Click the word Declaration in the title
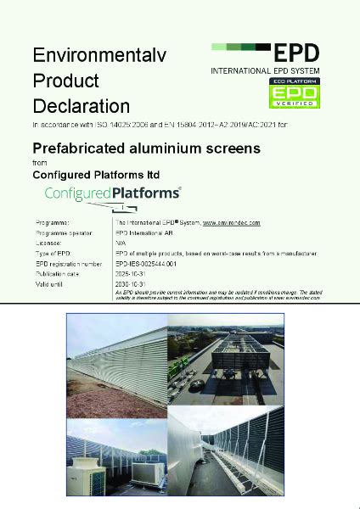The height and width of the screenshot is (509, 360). [x=81, y=107]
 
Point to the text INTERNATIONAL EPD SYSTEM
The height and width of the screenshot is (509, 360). [x=268, y=71]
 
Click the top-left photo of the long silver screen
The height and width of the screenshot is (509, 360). [x=116, y=357]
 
